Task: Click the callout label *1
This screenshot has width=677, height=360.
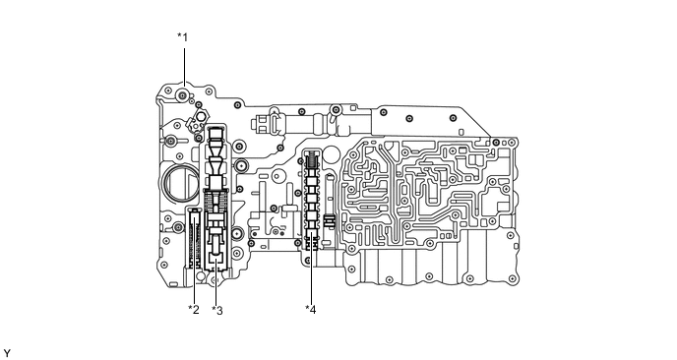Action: pos(183,37)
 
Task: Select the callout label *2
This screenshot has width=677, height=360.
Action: pos(194,310)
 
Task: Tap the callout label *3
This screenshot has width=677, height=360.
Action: pos(217,311)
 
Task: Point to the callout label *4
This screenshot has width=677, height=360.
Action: pos(310,310)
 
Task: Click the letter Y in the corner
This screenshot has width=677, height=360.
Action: pos(7,353)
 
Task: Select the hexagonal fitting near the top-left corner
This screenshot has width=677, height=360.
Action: pos(201,116)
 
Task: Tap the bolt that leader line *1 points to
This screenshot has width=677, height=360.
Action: pos(183,95)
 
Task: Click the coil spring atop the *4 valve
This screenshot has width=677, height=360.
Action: pos(312,161)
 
